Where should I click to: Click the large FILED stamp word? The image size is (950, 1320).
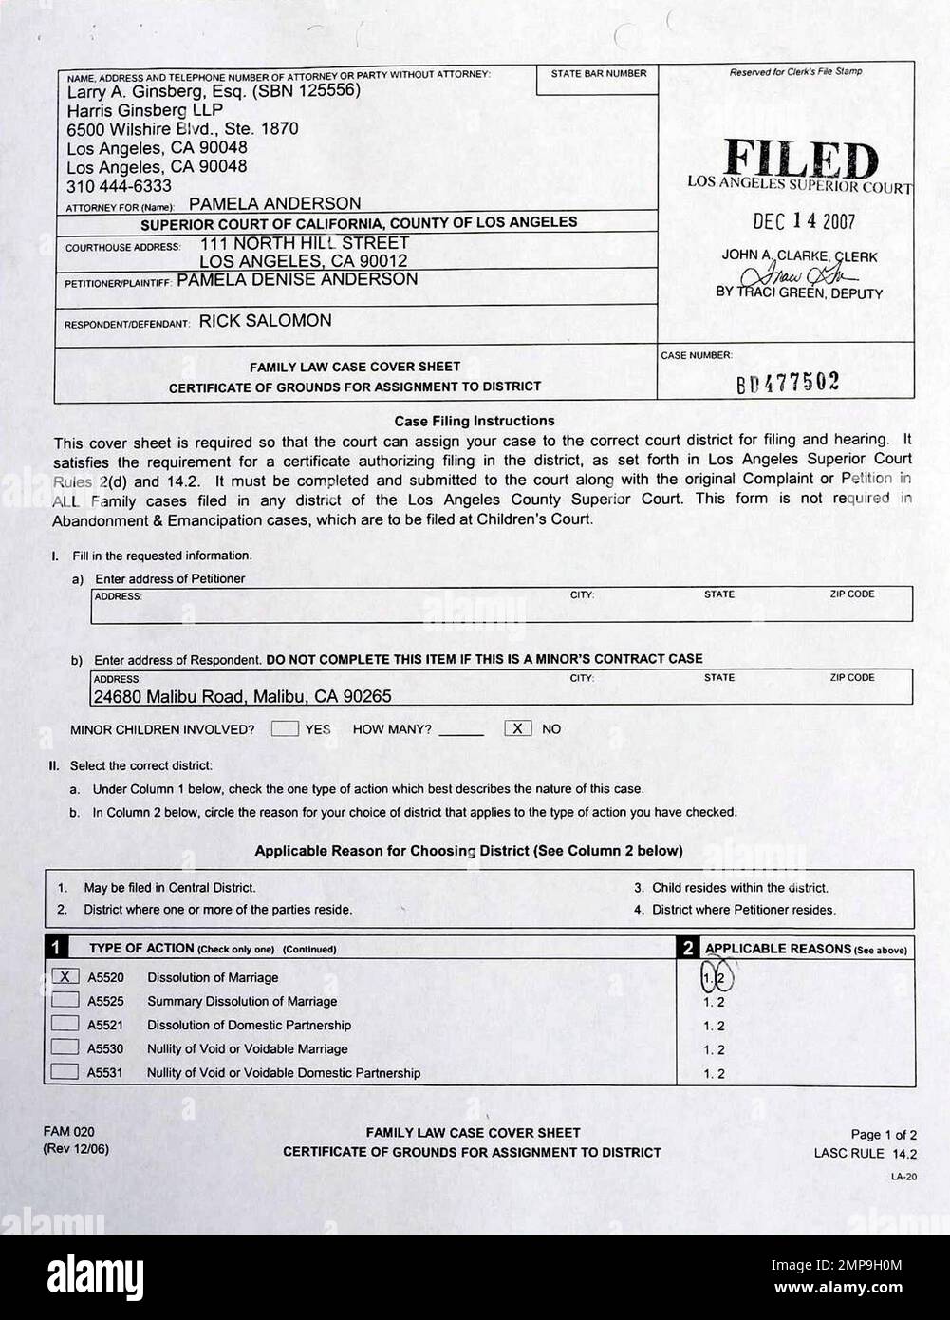pos(800,160)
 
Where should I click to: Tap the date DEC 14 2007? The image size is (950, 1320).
pos(803,221)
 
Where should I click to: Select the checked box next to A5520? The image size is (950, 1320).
pos(65,976)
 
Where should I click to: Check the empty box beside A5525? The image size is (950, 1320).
pos(65,1000)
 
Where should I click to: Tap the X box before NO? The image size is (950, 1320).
pos(517,728)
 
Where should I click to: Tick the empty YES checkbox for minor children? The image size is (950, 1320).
pos(285,728)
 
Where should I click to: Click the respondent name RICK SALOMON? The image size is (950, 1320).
pos(265,321)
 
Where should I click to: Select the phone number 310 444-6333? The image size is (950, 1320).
pos(119,185)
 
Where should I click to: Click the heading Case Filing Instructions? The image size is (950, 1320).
pos(474,421)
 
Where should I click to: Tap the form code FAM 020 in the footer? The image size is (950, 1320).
pos(68,1131)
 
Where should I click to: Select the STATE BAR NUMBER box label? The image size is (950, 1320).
pos(598,73)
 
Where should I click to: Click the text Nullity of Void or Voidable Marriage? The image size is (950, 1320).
pos(247,1048)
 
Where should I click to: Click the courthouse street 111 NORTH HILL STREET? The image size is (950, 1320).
pos(304,243)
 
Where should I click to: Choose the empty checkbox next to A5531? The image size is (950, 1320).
pos(65,1072)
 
